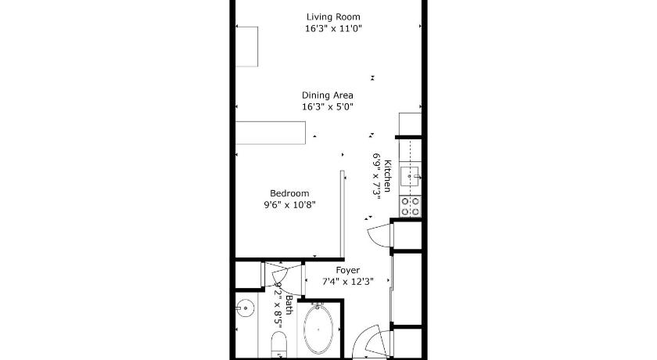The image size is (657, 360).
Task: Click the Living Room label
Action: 333,16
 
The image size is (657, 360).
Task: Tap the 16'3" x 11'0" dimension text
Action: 333,28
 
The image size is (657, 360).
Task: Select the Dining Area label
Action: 327,95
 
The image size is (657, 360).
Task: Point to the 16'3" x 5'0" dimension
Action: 327,106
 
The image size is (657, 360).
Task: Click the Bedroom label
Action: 289,193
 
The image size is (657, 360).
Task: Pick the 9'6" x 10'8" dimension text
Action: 289,204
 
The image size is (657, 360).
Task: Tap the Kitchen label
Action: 388,175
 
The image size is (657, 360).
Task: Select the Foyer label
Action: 347,270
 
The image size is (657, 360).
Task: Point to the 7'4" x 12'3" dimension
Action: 348,282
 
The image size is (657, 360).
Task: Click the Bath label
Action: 289,304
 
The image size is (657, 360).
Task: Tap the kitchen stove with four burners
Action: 410,206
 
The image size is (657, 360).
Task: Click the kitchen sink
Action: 409,176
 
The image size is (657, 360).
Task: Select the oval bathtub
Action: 318,329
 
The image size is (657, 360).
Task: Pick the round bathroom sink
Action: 244,309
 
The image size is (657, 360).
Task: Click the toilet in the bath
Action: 278,345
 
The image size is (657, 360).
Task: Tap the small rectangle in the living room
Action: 247,46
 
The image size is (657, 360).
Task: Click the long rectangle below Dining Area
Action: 271,133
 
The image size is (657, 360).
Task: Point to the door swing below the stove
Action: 380,236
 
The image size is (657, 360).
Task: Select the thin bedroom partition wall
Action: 342,214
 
